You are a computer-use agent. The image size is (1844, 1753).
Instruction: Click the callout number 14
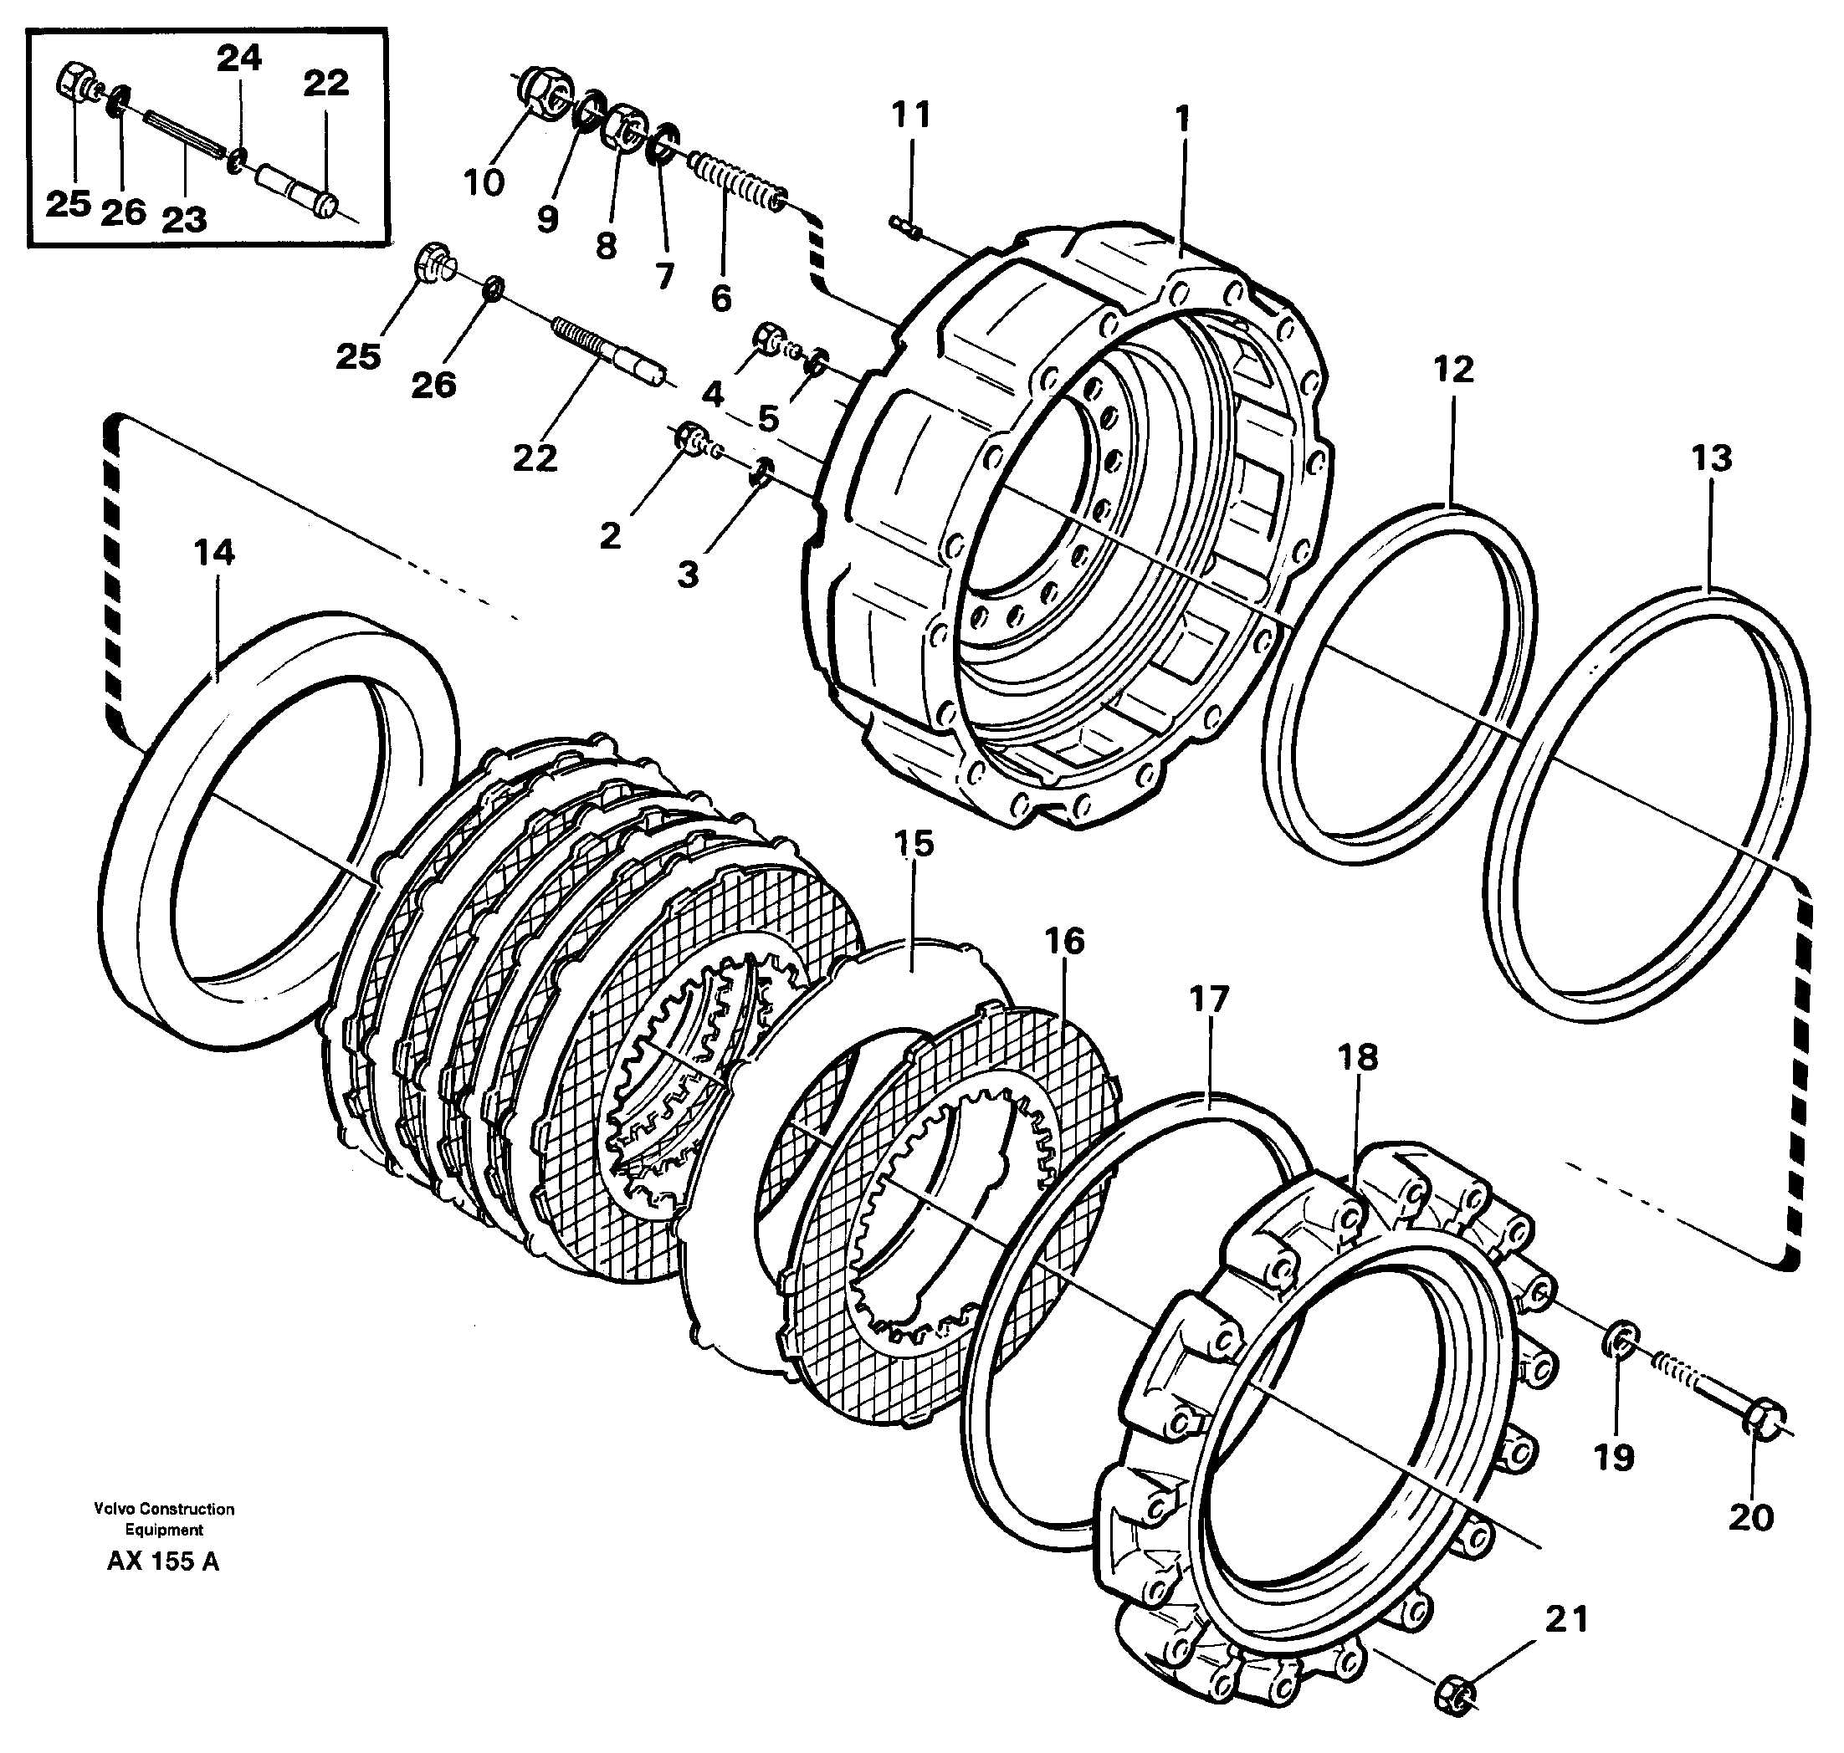(x=214, y=552)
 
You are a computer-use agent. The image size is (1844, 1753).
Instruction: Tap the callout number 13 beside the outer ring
(x=1711, y=459)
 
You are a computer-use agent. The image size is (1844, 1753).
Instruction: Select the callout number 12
(x=1453, y=370)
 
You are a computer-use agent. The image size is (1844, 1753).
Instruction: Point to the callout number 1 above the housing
(x=1182, y=120)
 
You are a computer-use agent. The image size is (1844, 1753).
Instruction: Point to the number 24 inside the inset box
(x=239, y=59)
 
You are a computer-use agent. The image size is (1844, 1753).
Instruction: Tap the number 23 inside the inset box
(x=183, y=221)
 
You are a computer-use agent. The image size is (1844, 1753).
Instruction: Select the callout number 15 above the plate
(x=913, y=844)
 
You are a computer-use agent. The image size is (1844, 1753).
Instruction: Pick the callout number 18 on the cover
(x=1357, y=1058)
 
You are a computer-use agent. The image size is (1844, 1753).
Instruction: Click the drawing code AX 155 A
(x=162, y=1561)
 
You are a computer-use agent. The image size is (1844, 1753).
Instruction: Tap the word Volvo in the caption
(x=111, y=1509)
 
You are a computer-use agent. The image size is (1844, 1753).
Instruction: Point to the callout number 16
(x=1063, y=941)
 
